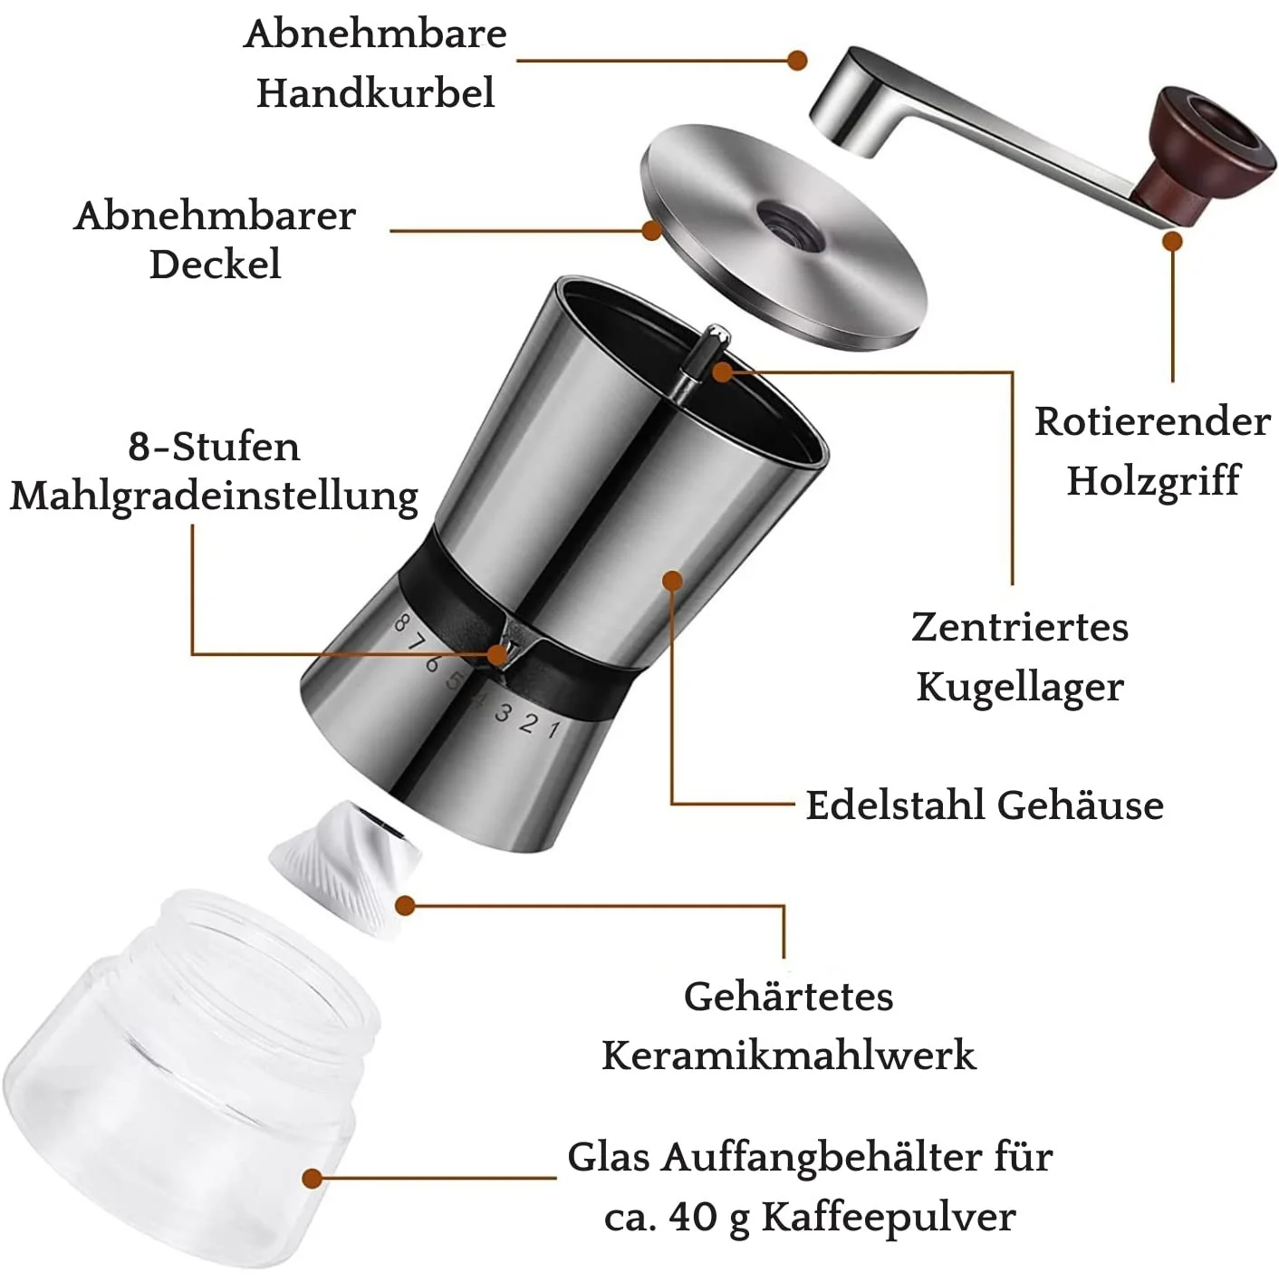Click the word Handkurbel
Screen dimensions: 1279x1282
coord(375,92)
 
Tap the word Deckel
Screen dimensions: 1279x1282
coord(215,265)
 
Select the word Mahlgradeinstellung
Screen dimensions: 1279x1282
coord(215,497)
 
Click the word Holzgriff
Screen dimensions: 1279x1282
coord(1153,481)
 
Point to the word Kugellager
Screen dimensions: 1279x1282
coord(1019,688)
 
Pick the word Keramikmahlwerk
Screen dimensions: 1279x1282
coord(789,1055)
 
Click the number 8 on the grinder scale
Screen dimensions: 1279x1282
coord(400,622)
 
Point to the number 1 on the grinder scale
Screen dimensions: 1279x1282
coord(553,729)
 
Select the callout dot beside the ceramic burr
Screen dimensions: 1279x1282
coord(405,905)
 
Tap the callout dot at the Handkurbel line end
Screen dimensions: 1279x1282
coord(796,61)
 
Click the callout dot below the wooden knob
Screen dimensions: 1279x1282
coord(1172,241)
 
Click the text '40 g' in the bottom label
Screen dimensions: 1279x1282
coord(709,1217)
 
